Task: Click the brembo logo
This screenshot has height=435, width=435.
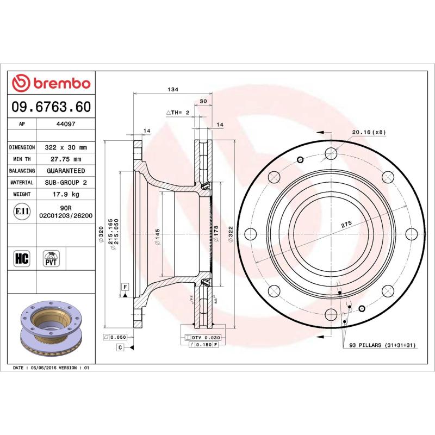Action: (x=51, y=83)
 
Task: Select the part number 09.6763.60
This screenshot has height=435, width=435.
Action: (x=51, y=107)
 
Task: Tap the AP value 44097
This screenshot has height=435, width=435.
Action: (x=66, y=124)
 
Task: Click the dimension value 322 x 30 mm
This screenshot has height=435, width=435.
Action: (x=66, y=147)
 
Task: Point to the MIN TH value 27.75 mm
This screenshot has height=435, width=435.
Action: (x=66, y=159)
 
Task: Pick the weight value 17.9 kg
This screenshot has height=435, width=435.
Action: (x=66, y=194)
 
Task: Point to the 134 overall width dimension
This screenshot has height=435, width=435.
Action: (x=172, y=89)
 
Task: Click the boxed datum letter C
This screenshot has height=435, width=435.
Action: (x=119, y=347)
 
